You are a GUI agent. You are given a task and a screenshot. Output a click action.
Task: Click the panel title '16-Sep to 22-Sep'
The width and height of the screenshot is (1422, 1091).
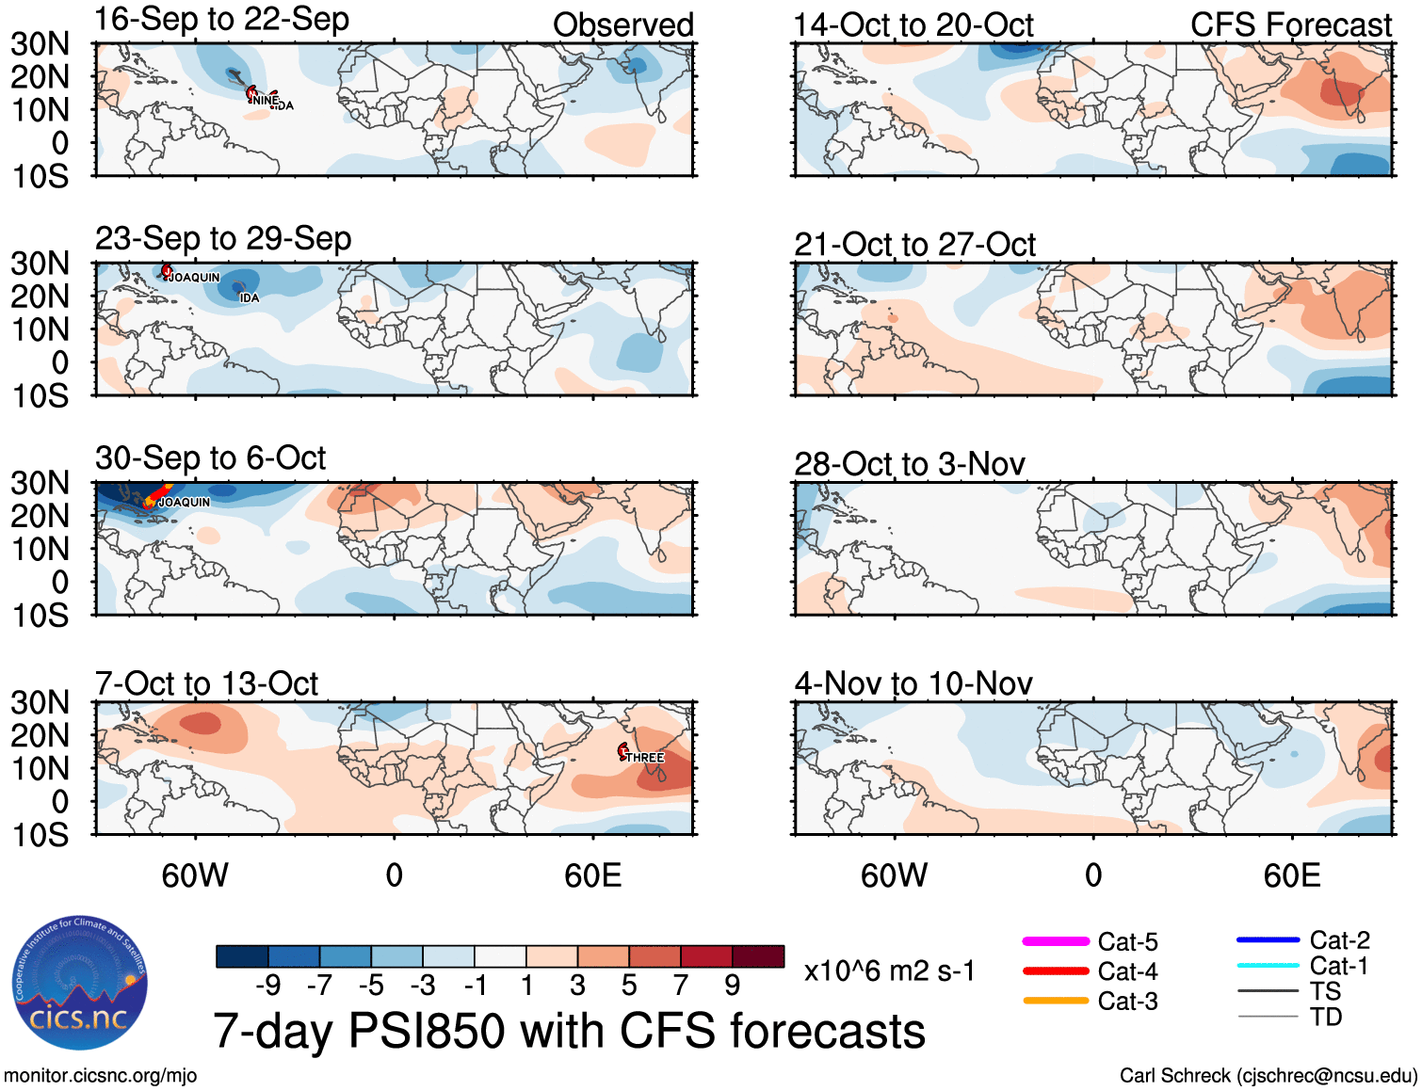coord(221,20)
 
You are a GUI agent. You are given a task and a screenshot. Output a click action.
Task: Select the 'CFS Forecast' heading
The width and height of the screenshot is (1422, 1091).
coord(1290,25)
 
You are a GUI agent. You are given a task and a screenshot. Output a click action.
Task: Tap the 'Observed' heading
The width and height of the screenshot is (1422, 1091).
coord(622,25)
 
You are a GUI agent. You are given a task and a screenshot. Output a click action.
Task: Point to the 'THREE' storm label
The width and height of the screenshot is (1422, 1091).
coord(645,758)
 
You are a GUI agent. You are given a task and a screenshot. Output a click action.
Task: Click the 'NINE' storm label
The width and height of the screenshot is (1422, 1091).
coord(265,100)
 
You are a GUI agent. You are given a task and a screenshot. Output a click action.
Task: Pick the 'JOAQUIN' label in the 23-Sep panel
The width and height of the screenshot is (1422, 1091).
coord(195,278)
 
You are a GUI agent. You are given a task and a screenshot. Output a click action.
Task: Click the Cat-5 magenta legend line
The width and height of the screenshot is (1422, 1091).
coord(1056,941)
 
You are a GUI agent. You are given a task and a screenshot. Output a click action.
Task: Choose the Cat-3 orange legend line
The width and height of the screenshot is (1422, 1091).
coord(1056,1001)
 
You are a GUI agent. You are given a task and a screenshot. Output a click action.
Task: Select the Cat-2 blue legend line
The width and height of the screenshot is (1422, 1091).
coord(1268,939)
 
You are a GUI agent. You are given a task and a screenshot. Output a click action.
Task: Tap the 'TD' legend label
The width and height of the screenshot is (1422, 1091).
coord(1325,1017)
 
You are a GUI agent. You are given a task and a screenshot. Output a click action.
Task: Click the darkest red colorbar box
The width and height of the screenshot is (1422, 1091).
coord(758,956)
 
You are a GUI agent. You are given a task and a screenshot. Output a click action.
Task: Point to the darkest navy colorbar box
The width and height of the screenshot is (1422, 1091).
coord(242,956)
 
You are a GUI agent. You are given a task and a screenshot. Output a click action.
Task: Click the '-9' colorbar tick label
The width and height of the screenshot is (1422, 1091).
coord(268,986)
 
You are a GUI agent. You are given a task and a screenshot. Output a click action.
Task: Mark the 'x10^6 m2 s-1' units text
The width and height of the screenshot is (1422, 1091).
coord(889,971)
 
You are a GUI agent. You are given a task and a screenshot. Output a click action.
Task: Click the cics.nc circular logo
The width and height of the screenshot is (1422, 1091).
coord(80,983)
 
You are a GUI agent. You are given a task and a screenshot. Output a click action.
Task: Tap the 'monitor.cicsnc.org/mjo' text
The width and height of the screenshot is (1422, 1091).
coord(101,1076)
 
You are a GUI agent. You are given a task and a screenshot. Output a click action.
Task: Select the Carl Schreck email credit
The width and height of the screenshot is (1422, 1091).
coord(1268,1076)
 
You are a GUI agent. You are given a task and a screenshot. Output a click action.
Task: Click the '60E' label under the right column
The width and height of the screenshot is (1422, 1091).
coord(1291,876)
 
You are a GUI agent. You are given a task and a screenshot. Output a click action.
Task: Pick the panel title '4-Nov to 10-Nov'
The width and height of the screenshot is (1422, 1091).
coord(913,683)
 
